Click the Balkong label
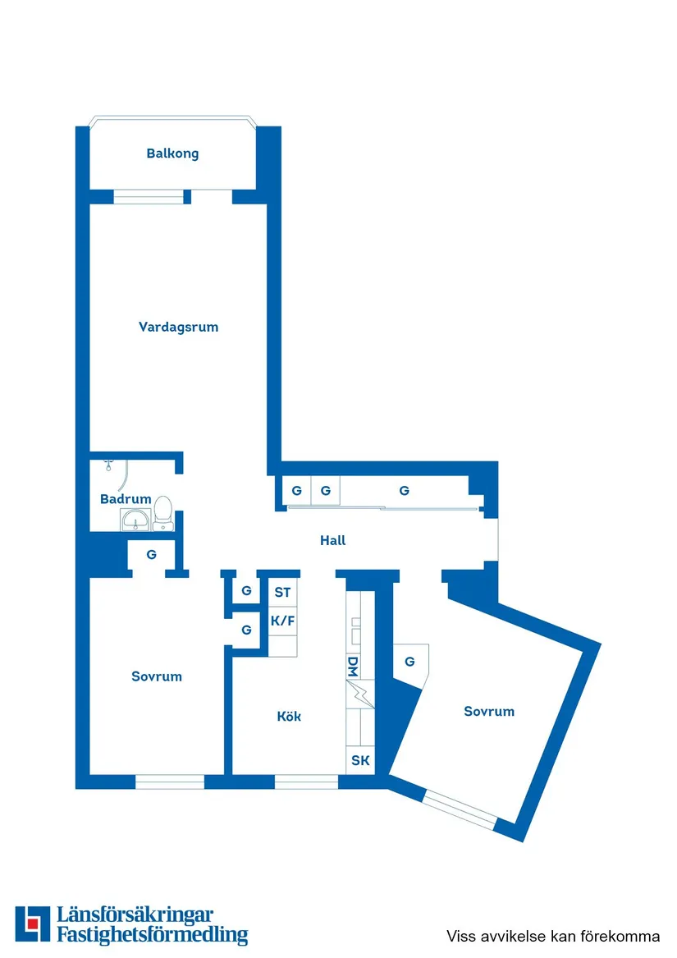[172, 154]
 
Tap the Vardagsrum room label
[178, 327]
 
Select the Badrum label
[126, 498]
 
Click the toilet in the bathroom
[162, 513]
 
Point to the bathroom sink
[135, 521]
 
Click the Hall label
[332, 540]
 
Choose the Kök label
[288, 716]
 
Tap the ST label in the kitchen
[282, 592]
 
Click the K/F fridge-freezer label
[282, 621]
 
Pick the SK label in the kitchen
[360, 760]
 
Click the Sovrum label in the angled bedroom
[489, 711]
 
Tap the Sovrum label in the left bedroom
[157, 676]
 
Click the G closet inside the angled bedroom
[409, 662]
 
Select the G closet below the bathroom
[152, 555]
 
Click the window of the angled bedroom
[460, 809]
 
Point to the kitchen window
[306, 782]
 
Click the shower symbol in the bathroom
[109, 465]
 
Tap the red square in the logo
[32, 924]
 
